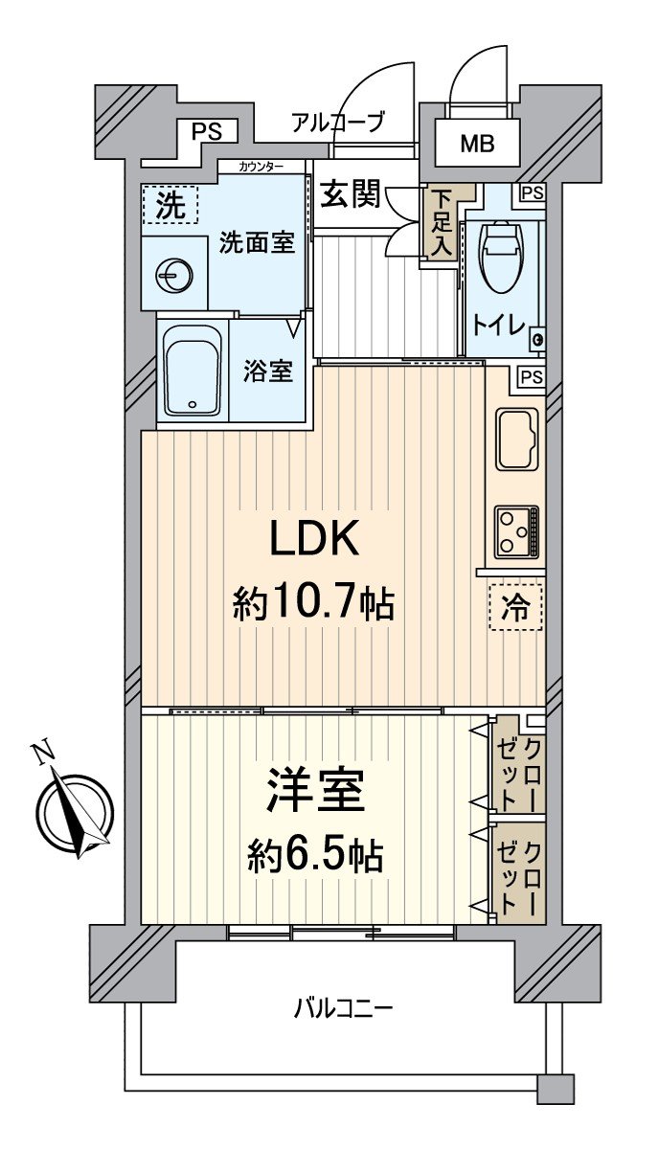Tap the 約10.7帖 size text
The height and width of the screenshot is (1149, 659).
click(x=313, y=603)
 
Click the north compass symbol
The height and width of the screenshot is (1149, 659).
click(x=74, y=812)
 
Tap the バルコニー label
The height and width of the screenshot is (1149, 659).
click(x=344, y=1008)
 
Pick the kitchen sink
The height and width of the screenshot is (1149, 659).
click(x=517, y=439)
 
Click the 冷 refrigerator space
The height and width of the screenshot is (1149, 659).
click(x=515, y=607)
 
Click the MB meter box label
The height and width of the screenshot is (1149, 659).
click(x=477, y=146)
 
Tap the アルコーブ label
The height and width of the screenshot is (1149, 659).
click(x=337, y=122)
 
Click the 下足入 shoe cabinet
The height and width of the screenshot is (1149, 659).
click(x=440, y=222)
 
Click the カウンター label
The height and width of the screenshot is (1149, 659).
click(x=261, y=167)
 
